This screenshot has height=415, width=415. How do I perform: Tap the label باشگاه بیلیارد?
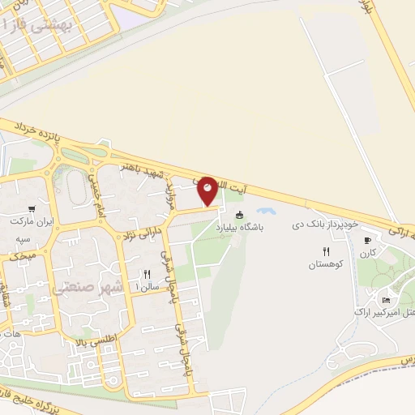tap(240, 229)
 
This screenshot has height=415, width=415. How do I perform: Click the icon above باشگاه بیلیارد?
tap(240, 216)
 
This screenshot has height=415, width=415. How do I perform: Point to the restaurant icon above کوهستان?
tap(327, 251)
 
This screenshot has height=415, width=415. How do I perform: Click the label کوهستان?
tap(327, 265)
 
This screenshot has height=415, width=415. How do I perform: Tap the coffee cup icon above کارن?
tap(367, 240)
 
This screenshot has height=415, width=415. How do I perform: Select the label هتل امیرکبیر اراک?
tap(385, 311)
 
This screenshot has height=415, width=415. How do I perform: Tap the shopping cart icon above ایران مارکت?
tap(32, 207)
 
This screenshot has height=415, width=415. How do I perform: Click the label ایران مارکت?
tap(31, 221)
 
